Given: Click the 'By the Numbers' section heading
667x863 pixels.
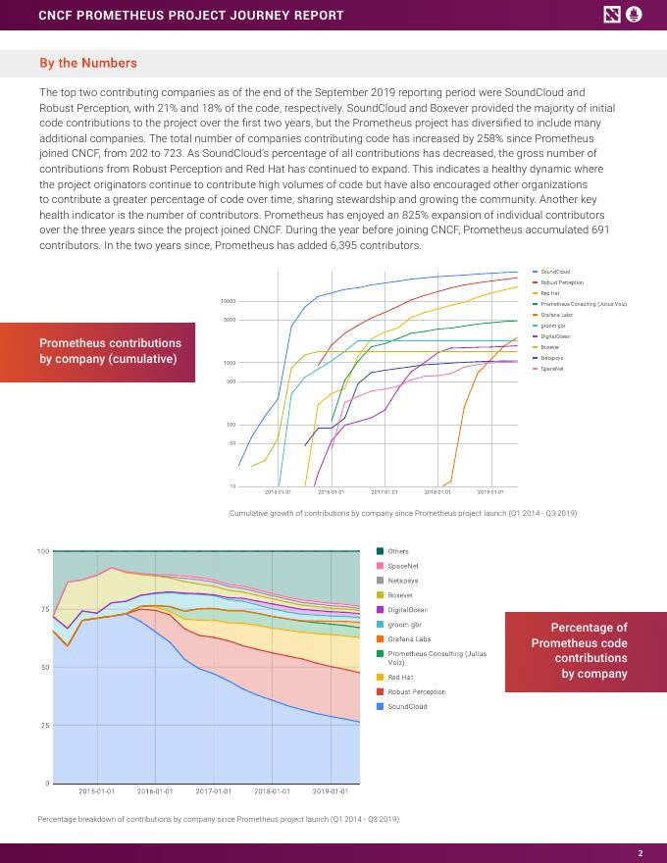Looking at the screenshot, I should tap(88, 64).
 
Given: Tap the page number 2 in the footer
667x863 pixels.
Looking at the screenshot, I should tap(640, 852).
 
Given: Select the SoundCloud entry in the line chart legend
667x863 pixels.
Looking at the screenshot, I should tap(555, 272).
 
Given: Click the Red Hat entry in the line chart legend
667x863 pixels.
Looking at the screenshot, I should tap(549, 293).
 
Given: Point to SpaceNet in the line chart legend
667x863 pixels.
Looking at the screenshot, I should tap(552, 369).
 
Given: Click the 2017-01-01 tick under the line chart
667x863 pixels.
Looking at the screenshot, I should tap(384, 492).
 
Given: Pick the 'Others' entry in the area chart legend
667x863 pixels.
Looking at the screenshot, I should tap(398, 551).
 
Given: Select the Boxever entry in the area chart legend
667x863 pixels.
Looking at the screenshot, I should tap(400, 594).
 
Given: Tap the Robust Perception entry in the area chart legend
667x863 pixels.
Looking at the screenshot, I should tap(416, 691).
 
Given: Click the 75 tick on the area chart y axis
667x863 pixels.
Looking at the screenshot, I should tap(43, 610).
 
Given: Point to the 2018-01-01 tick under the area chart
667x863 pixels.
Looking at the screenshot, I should tap(272, 790).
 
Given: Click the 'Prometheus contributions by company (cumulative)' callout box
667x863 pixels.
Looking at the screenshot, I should tap(110, 351).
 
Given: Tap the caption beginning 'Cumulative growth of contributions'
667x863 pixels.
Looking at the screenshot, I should tap(402, 513).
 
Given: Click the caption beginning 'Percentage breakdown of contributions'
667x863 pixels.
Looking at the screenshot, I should tap(218, 819).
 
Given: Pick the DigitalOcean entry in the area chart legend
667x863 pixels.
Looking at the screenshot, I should tap(406, 609).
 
